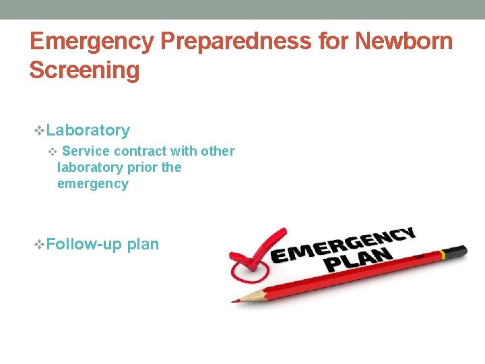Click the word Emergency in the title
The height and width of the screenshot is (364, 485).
(91, 42)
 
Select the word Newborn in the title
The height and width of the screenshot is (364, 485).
(403, 42)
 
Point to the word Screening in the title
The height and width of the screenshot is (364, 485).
(84, 70)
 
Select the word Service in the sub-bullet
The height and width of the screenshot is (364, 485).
(86, 151)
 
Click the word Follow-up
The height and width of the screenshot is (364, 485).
(85, 244)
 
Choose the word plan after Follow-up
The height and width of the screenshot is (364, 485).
(143, 244)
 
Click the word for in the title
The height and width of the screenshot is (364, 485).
(333, 42)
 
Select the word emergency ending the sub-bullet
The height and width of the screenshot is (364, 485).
(92, 183)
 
